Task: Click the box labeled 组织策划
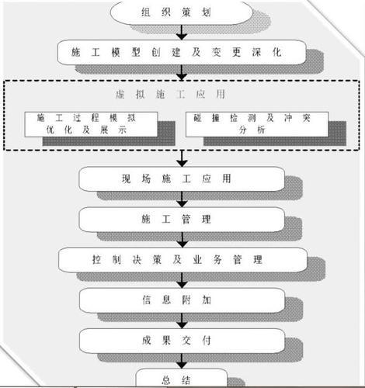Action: point(182,12)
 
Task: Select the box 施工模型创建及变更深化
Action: point(182,51)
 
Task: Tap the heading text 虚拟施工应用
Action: point(182,93)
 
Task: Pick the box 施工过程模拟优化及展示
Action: point(96,124)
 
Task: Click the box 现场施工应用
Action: point(182,178)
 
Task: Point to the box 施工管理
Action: point(182,220)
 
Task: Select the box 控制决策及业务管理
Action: point(182,259)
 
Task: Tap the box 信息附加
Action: point(182,300)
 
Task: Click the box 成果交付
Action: point(182,339)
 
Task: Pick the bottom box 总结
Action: point(182,379)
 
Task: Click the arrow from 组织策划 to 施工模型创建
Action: point(182,31)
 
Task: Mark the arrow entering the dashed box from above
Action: point(182,72)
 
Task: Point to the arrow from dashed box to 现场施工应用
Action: point(182,158)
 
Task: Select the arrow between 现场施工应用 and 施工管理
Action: point(182,199)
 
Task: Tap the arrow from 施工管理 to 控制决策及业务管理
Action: point(182,240)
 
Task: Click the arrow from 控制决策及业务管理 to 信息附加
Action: point(182,279)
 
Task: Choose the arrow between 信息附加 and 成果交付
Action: point(182,320)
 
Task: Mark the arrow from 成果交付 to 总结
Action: point(182,360)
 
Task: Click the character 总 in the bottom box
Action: point(166,379)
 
